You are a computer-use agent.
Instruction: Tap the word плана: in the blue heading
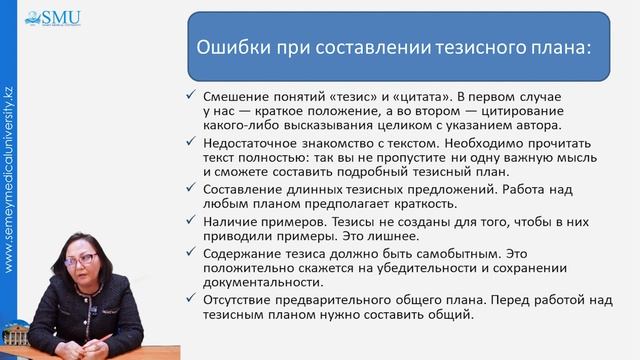coord(559,46)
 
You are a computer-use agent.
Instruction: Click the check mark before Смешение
coord(192,94)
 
